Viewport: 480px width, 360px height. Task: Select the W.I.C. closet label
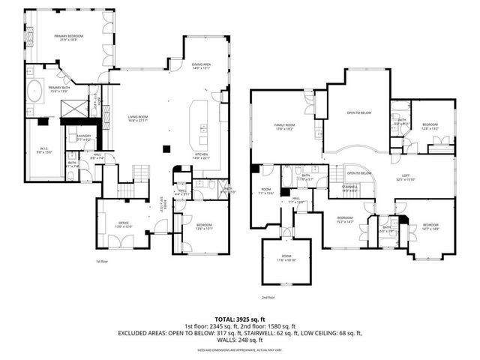coord(44,150)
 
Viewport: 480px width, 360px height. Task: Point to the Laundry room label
coord(84,137)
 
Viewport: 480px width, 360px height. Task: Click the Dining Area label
coord(201,66)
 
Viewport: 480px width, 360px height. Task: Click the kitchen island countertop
coord(201,124)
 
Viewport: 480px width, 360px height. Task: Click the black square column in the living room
coord(166,148)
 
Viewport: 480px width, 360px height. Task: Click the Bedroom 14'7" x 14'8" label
coord(430,226)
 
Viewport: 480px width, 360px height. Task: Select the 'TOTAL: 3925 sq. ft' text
coord(240,318)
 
